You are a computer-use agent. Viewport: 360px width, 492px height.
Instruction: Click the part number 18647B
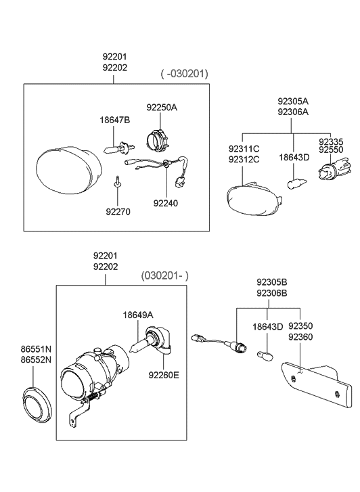pos(114,120)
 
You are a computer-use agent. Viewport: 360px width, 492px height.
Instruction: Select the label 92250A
pos(162,107)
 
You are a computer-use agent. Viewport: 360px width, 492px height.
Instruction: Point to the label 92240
pos(164,202)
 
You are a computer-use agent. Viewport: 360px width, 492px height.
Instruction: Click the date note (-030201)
pos(184,73)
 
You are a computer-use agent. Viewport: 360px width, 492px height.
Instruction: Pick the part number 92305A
pos(292,102)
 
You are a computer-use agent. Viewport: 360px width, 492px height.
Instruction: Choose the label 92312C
pos(244,159)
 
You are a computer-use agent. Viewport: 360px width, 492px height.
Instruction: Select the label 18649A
pos(137,315)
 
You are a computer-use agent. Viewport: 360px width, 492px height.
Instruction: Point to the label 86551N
pos(36,349)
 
